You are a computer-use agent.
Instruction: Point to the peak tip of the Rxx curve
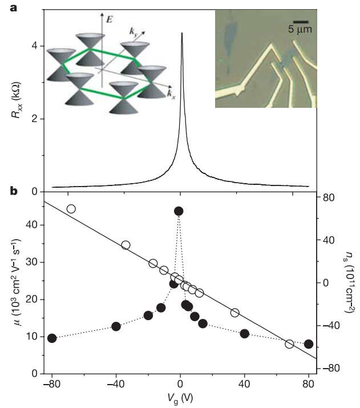point(181,33)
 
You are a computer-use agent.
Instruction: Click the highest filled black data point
point(179,211)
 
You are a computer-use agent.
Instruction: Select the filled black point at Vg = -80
point(52,338)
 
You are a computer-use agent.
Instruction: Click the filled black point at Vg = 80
point(309,344)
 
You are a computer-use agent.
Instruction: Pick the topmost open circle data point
point(71,209)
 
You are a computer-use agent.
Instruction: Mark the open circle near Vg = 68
point(289,344)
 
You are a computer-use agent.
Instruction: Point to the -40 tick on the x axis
point(116,383)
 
